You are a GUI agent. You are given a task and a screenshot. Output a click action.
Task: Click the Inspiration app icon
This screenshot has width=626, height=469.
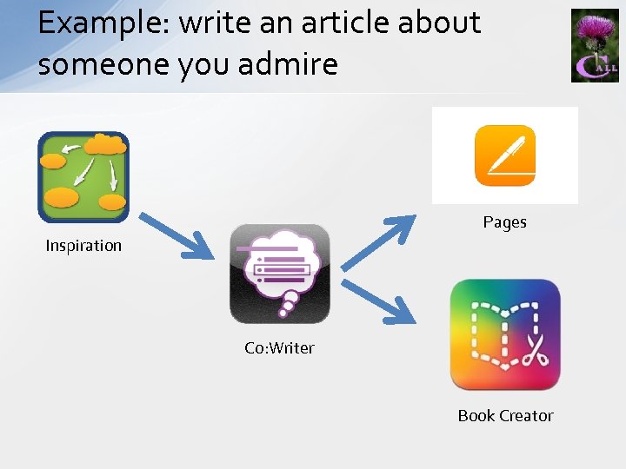coord(83,177)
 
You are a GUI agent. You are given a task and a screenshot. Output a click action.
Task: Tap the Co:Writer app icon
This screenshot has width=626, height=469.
coord(280,274)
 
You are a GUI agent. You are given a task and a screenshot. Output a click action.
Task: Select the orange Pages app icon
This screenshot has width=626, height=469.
coord(505,155)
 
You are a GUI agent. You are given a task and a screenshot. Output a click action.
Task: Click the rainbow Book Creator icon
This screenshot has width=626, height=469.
coord(505,334)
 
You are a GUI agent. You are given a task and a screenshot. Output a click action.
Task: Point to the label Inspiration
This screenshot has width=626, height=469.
coord(83,246)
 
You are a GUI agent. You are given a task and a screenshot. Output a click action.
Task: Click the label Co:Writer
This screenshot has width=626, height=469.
coord(279,348)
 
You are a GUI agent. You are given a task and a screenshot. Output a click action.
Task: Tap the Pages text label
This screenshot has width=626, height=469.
coord(505,222)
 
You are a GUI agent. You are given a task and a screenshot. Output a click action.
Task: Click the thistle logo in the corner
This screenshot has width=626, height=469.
coord(595,45)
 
